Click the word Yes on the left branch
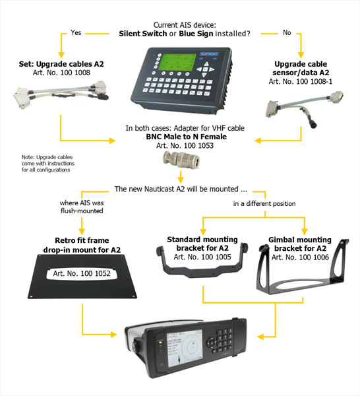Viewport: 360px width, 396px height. tap(76, 32)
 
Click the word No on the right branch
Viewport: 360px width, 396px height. tap(287, 32)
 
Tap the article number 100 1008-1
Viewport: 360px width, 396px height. tap(301, 81)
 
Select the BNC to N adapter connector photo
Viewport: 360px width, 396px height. tap(181, 160)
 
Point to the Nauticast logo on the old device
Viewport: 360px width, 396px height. tap(209, 54)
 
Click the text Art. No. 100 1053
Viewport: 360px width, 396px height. tap(185, 145)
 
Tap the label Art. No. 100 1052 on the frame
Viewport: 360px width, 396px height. tap(82, 273)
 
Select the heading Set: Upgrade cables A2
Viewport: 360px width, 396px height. tap(61, 64)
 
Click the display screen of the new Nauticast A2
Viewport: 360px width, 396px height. tap(185, 348)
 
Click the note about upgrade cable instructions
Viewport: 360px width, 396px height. tap(48, 164)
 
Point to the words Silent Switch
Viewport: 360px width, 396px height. tap(143, 34)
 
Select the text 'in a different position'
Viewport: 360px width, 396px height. tap(264, 203)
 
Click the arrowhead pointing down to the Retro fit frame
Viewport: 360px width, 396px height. tap(82, 231)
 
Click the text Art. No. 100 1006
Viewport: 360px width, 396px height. tap(300, 257)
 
